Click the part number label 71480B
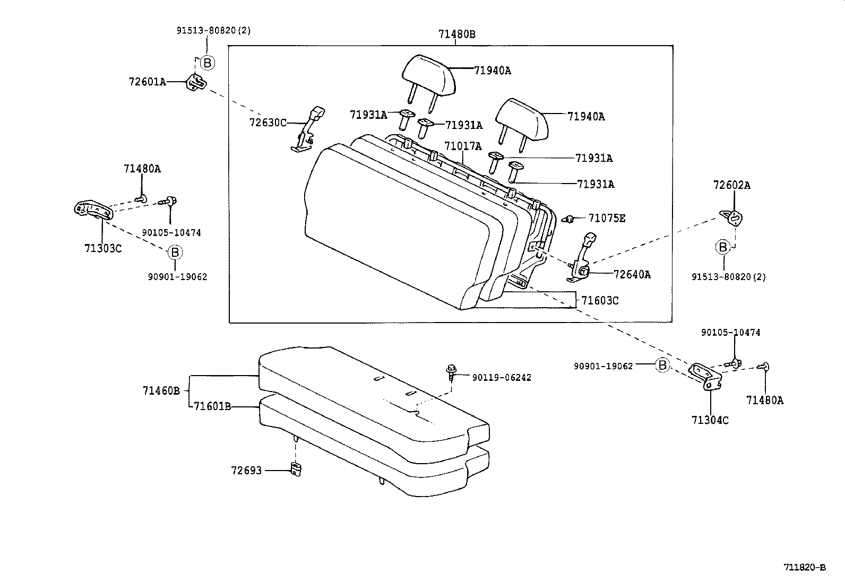click(456, 34)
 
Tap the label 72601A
click(147, 82)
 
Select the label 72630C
click(268, 123)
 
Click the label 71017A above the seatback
click(462, 146)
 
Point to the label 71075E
click(607, 218)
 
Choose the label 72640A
click(632, 274)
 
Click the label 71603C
click(600, 301)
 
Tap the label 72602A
click(731, 185)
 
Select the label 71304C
click(710, 420)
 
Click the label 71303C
click(102, 248)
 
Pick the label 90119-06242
click(501, 378)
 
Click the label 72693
click(246, 471)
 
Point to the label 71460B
click(161, 391)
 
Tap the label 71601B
click(212, 406)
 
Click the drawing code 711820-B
click(805, 567)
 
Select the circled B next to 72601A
click(208, 63)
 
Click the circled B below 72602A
click(722, 247)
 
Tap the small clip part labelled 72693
click(296, 468)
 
